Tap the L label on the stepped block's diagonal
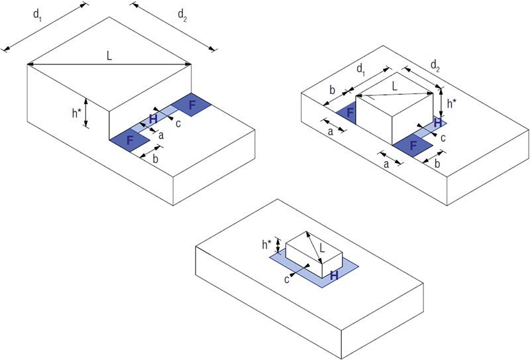pos(109,56)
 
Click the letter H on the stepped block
pos(153,119)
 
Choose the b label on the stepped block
pos(156,160)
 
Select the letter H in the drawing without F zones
pos(334,274)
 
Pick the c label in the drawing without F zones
pos(287,280)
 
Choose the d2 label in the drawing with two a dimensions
pos(436,65)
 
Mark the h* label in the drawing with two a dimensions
pos(451,103)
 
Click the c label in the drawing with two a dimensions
pos(443,137)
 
